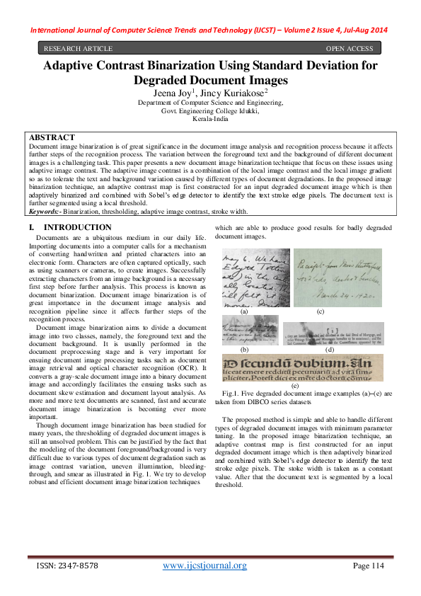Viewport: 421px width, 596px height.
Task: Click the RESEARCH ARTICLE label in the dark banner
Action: [78, 48]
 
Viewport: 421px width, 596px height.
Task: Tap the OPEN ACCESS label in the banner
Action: [349, 48]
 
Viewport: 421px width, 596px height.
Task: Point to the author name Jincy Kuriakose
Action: [236, 92]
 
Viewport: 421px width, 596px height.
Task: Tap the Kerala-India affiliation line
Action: [210, 120]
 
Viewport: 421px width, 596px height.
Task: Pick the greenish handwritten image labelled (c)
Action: [338, 277]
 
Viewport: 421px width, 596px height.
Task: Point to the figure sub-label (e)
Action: [294, 385]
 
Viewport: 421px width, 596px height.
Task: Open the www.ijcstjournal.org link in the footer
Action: [204, 565]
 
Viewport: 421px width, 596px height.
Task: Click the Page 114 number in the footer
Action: [367, 566]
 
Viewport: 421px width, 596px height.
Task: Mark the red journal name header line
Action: [210, 31]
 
